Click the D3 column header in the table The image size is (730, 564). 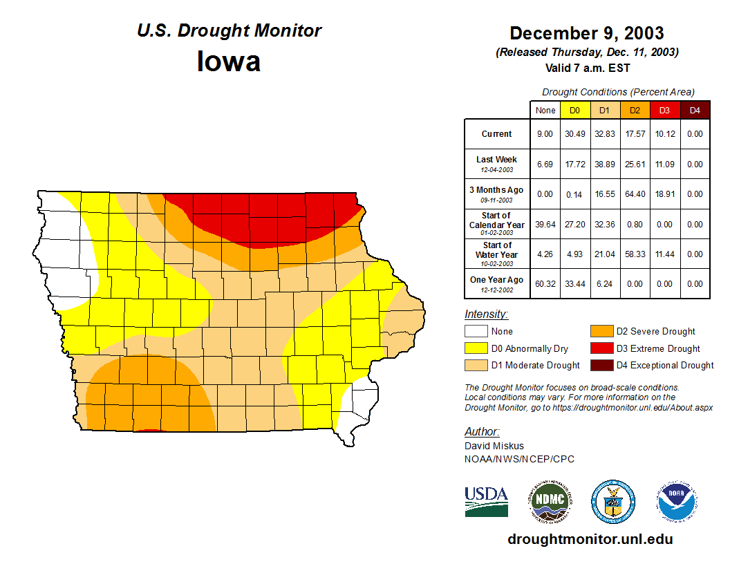coord(664,110)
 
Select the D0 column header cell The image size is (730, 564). coord(574,110)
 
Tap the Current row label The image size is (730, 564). coord(497,134)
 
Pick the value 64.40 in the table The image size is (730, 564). coord(635,194)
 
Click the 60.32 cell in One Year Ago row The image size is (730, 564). coord(545,284)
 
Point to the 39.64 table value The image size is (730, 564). coord(545,225)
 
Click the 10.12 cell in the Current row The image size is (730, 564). coord(664,134)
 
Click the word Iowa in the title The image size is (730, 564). coord(229,62)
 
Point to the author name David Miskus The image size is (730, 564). coord(494,446)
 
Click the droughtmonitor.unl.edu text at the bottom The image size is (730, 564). coord(590,539)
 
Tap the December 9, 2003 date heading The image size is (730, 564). coord(586,33)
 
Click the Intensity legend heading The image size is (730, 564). coord(486,314)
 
